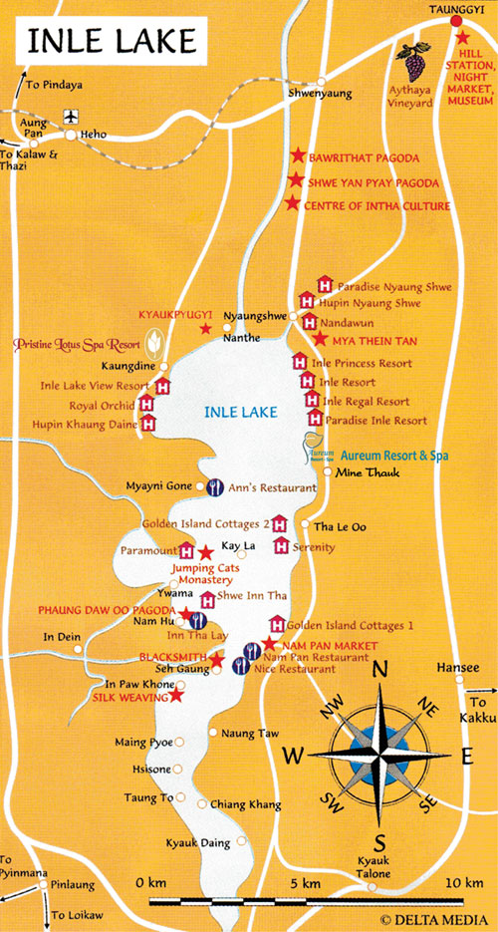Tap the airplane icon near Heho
70,117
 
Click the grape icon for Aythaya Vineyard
409,62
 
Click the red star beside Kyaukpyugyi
205,328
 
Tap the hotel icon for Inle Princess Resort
298,363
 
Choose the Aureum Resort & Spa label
394,455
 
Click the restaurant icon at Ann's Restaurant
213,487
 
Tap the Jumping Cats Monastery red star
205,552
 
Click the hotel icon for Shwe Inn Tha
207,600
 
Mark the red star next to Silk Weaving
176,695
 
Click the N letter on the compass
378,671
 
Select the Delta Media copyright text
434,918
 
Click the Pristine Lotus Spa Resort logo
154,345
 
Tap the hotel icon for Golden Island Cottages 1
277,625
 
